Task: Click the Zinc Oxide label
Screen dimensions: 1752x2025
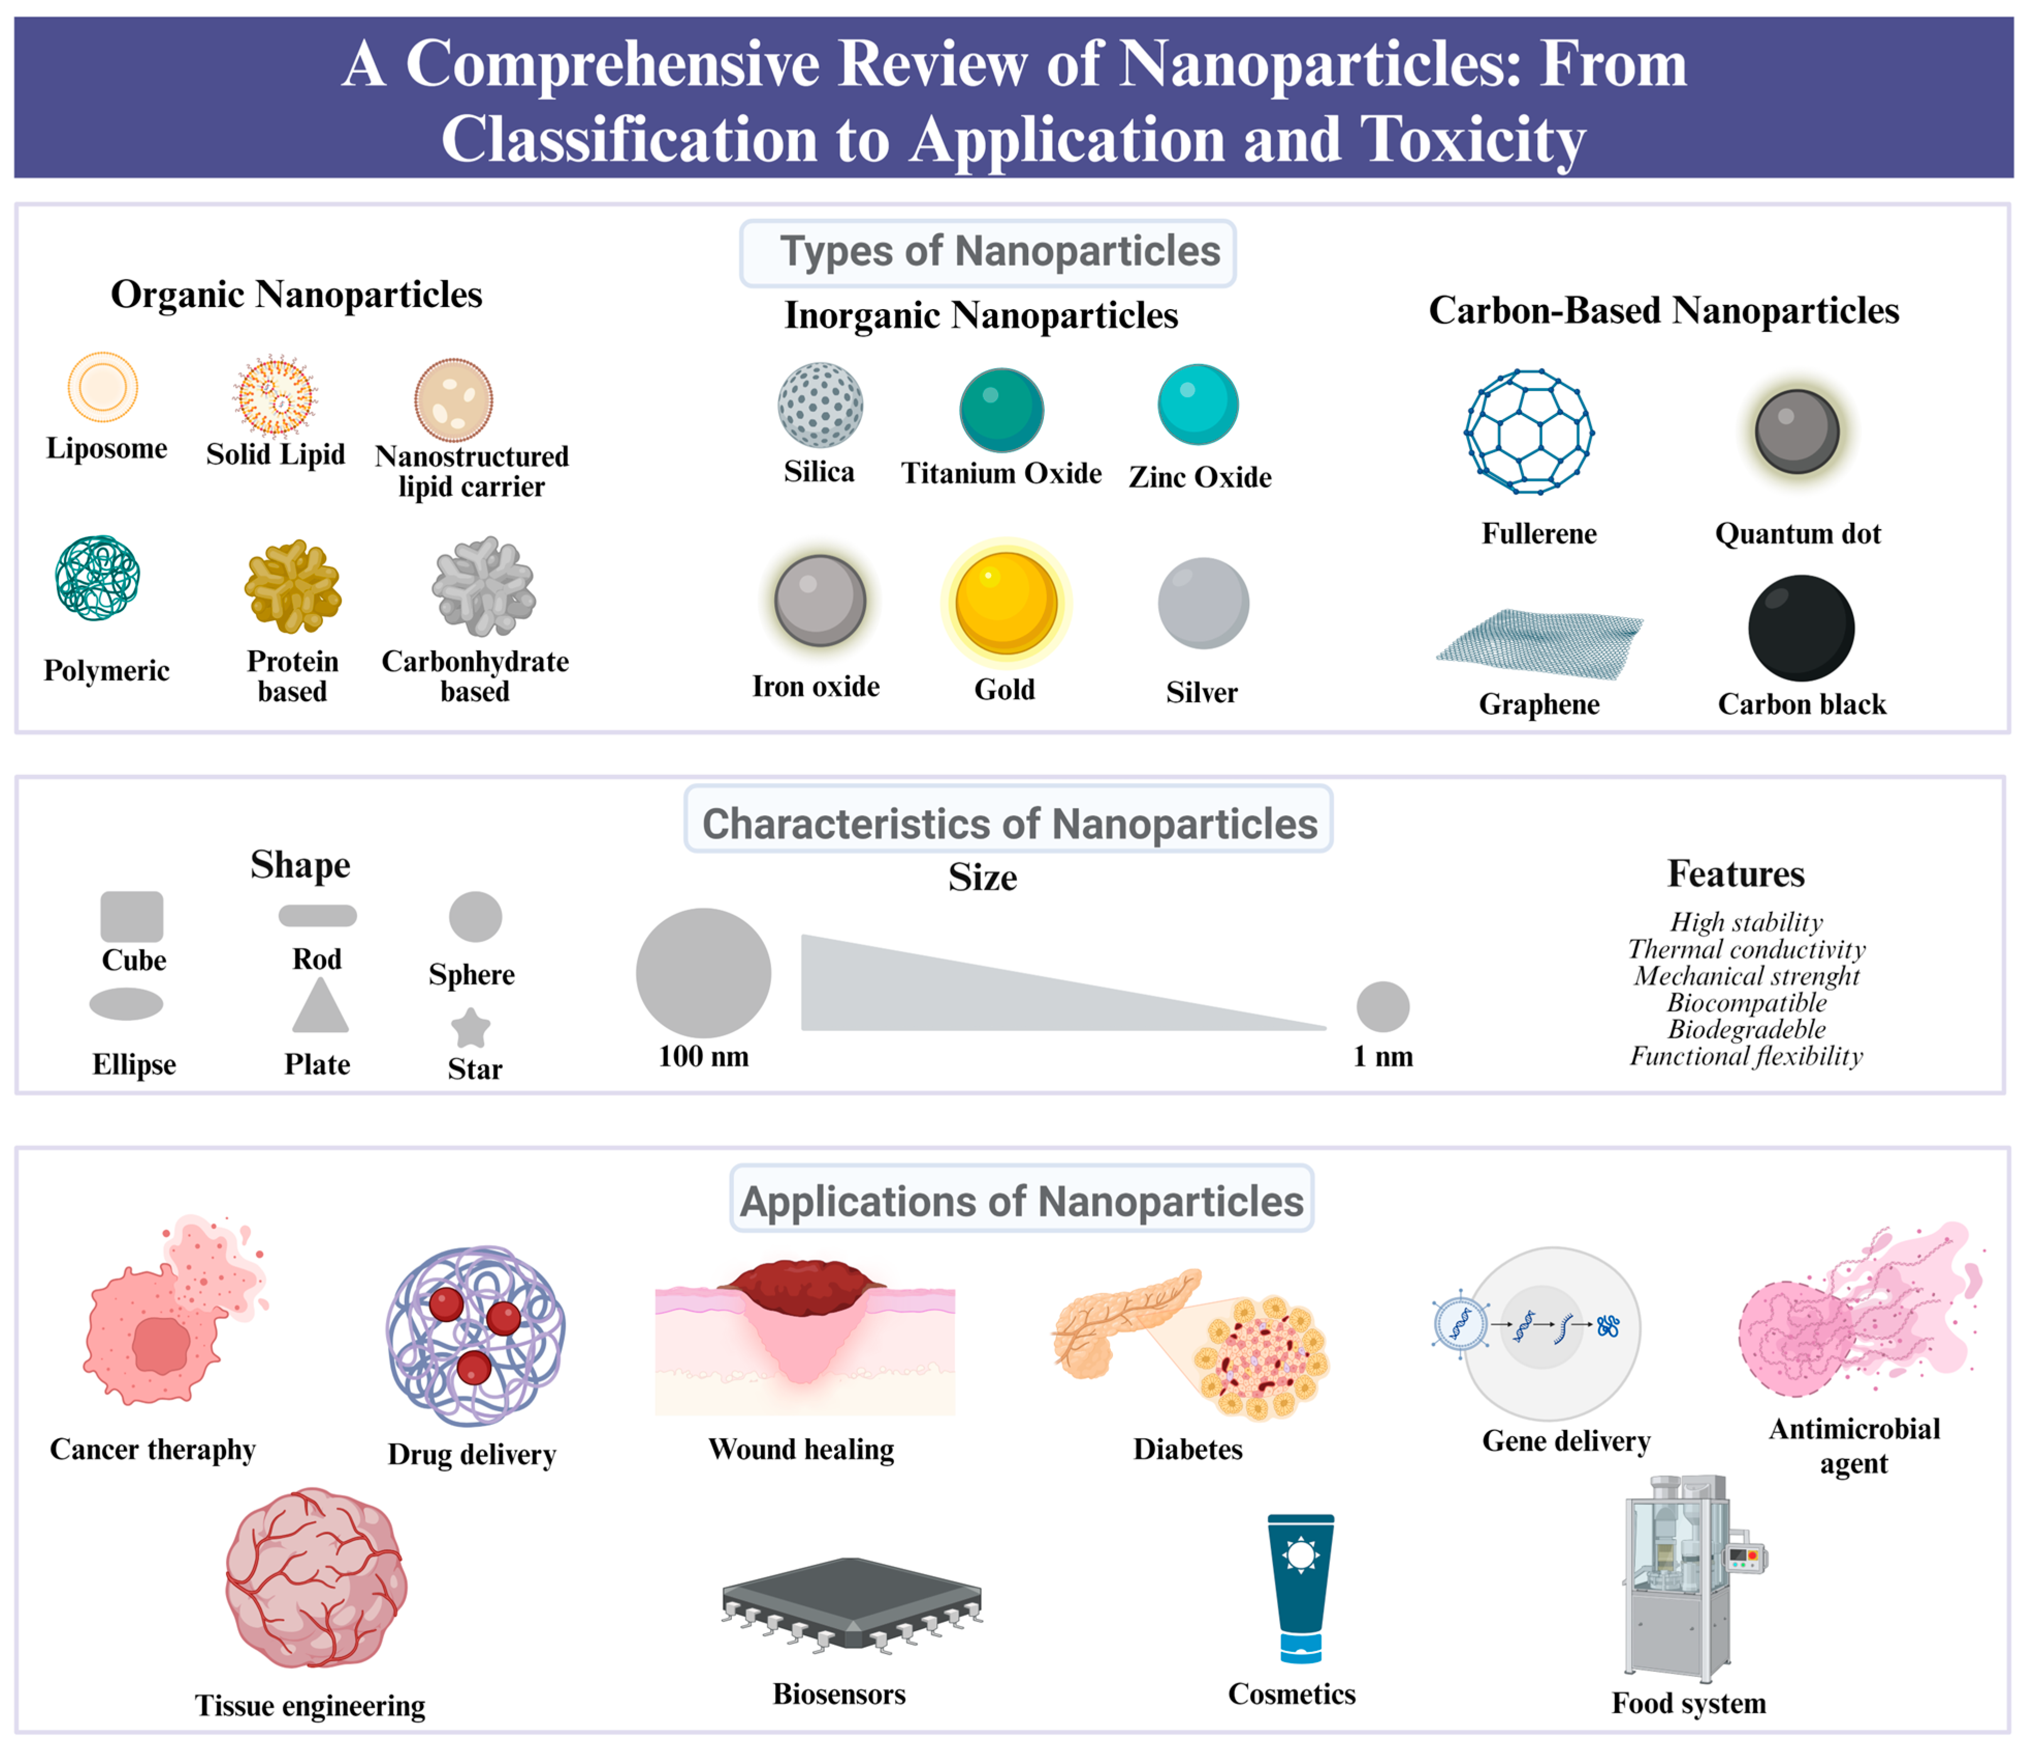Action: pos(1200,477)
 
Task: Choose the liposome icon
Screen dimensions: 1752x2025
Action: pos(103,387)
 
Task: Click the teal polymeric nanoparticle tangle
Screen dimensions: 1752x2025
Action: pos(98,578)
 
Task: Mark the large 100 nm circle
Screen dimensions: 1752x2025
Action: pos(703,973)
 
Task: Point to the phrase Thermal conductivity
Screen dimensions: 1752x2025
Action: pos(1746,950)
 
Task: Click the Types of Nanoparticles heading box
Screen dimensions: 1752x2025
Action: pos(987,252)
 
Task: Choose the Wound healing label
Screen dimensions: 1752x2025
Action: pos(801,1449)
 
